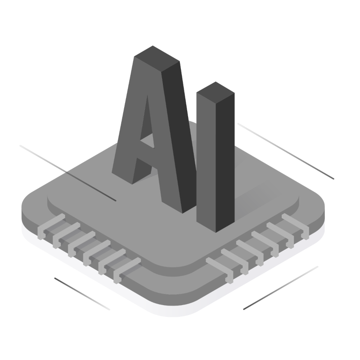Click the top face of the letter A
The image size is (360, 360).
pos(157,59)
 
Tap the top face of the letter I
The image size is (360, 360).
pos(216,93)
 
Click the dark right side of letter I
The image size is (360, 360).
pos(225,163)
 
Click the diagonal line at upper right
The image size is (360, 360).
pos(286,151)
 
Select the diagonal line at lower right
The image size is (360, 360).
pos(281,288)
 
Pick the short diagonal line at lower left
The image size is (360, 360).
pos(82,294)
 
